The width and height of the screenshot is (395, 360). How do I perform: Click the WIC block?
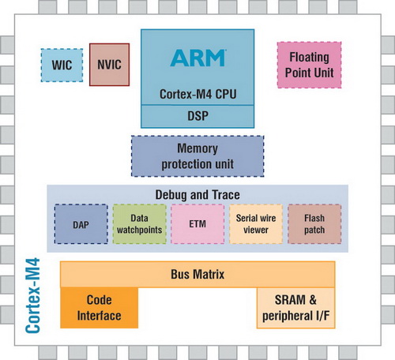(x=62, y=65)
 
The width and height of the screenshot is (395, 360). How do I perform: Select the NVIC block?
(x=109, y=65)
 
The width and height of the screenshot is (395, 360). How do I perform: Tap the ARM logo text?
(x=197, y=58)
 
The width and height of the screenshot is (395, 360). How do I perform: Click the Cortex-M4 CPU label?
(x=197, y=95)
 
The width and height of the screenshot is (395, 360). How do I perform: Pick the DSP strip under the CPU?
(x=197, y=115)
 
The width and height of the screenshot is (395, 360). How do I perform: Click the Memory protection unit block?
(x=197, y=156)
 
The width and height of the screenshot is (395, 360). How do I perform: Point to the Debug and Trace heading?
(x=197, y=194)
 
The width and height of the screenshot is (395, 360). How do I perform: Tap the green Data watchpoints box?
(x=137, y=224)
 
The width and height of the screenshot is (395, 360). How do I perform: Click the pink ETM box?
(x=197, y=224)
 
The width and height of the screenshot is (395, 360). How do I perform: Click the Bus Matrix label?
(x=197, y=275)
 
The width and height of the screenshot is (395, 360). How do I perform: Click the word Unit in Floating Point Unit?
(x=324, y=73)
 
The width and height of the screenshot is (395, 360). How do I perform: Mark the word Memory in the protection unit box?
(x=197, y=148)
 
